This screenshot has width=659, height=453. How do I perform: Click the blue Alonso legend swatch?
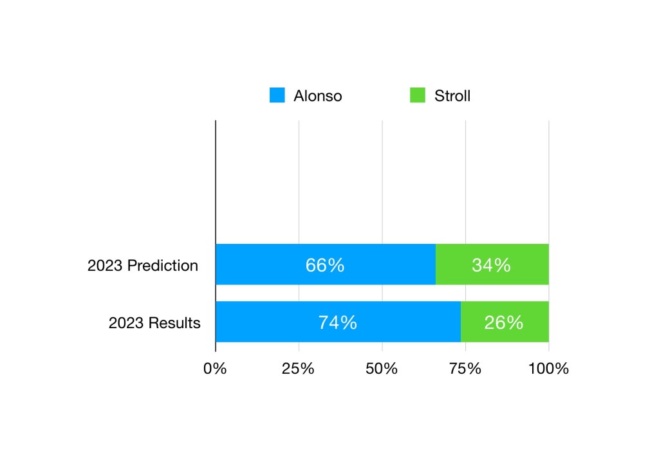point(277,96)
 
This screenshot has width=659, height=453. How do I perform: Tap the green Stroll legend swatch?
point(417,96)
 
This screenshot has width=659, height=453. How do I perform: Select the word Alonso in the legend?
point(317,97)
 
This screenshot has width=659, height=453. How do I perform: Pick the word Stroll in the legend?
point(452,97)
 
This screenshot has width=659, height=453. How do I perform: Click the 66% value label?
point(325,264)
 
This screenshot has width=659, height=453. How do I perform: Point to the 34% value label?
point(491,264)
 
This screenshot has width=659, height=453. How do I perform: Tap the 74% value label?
point(337,322)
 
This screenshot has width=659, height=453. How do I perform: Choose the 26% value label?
point(504,322)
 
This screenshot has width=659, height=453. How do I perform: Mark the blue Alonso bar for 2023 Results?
point(270,322)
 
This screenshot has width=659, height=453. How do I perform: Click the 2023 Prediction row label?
point(143,265)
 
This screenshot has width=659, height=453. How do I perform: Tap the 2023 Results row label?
point(154,322)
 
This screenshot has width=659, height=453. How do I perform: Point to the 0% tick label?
point(215,369)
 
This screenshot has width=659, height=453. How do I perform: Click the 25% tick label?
point(299,369)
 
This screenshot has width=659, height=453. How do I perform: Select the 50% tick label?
point(382,369)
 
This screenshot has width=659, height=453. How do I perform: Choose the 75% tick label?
point(465,369)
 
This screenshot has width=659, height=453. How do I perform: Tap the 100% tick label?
point(548,369)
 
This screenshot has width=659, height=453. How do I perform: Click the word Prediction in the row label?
point(163,265)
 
